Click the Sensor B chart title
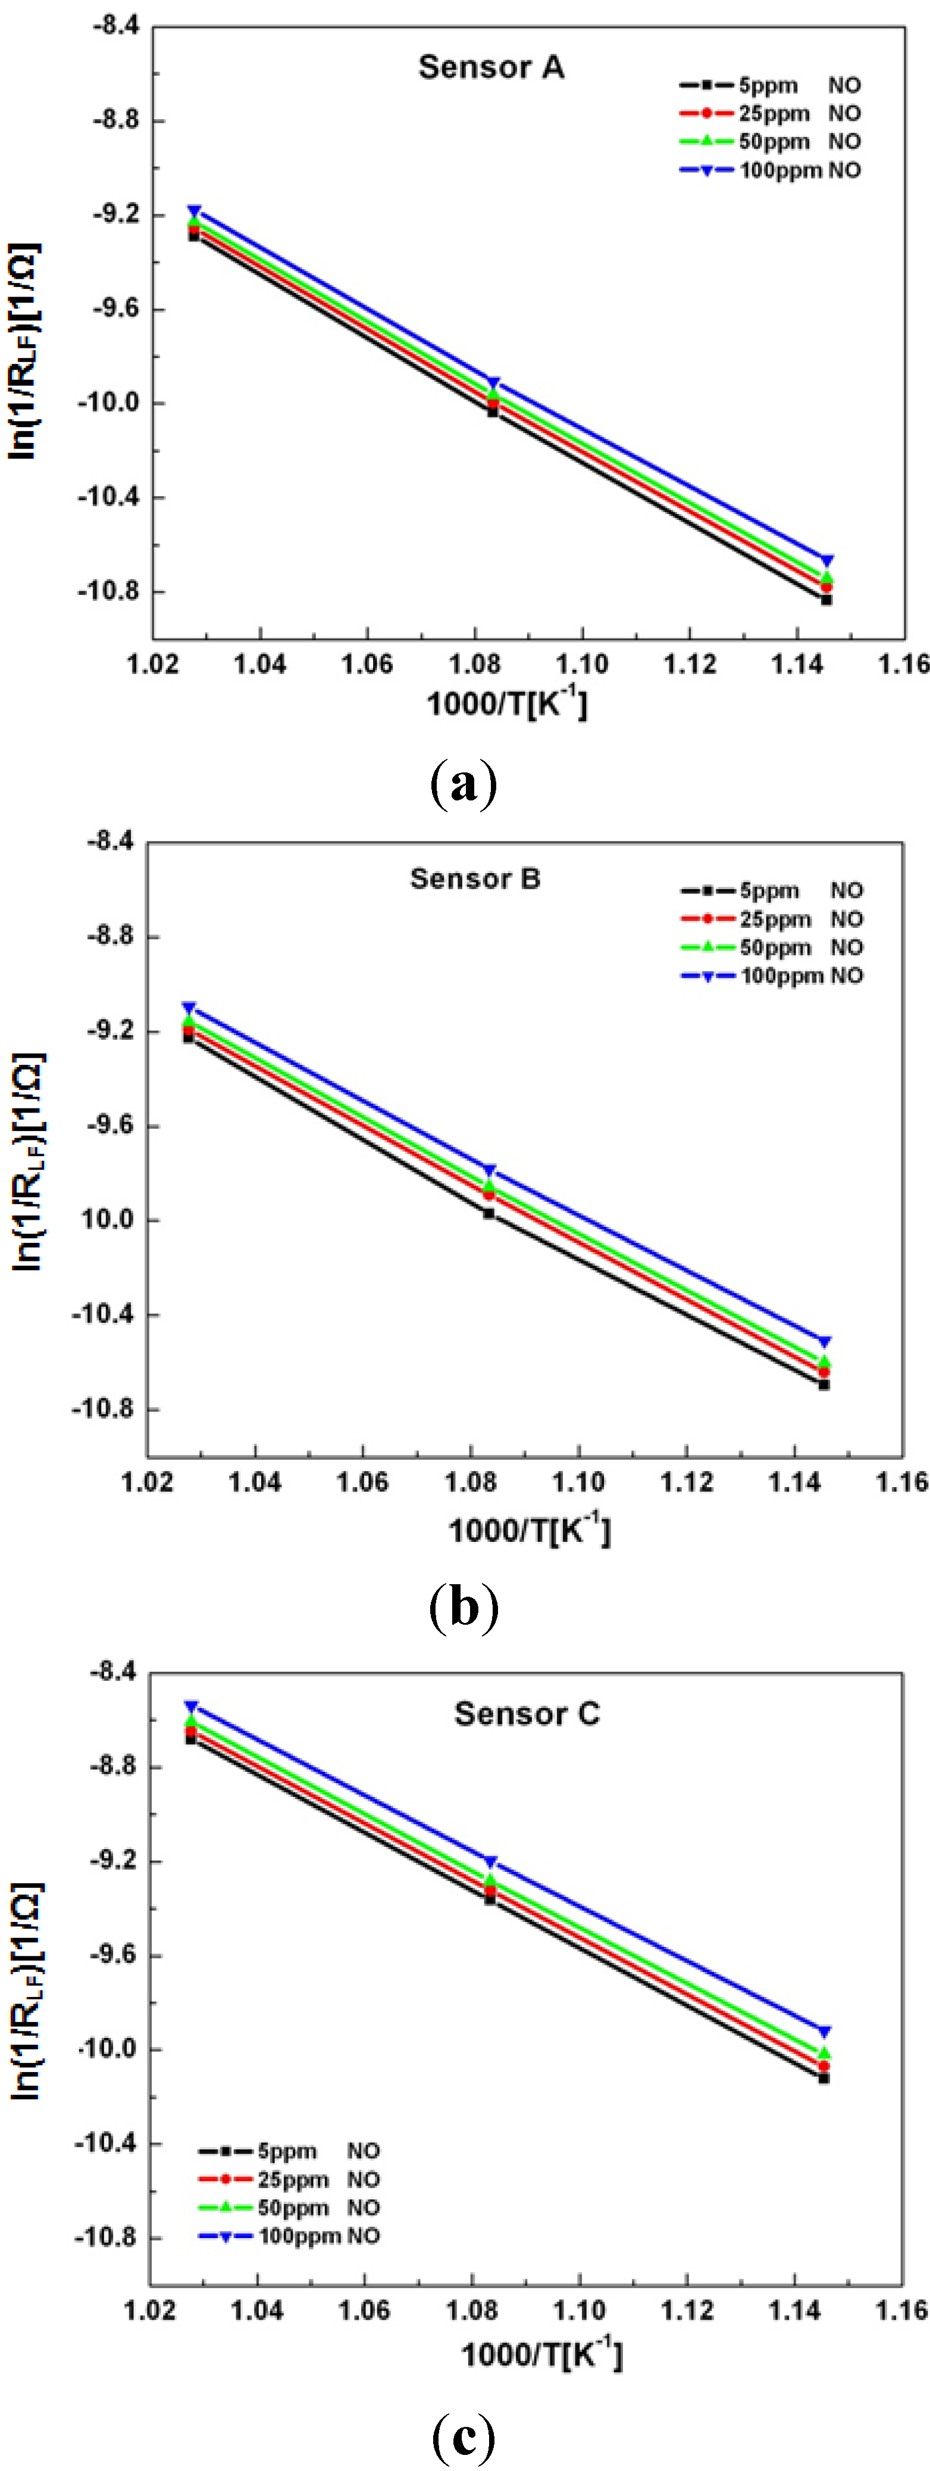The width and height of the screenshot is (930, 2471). click(x=475, y=878)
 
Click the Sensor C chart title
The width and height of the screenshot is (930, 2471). click(x=527, y=1713)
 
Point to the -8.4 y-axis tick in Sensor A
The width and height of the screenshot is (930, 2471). click(x=115, y=27)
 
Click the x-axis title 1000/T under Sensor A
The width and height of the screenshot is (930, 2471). click(x=507, y=703)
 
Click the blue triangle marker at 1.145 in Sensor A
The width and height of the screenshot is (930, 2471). click(x=826, y=561)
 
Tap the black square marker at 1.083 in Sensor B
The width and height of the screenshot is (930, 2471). click(x=489, y=1213)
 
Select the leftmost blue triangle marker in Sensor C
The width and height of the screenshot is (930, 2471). click(x=192, y=1707)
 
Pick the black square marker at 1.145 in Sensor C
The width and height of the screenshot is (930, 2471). click(x=823, y=2078)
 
